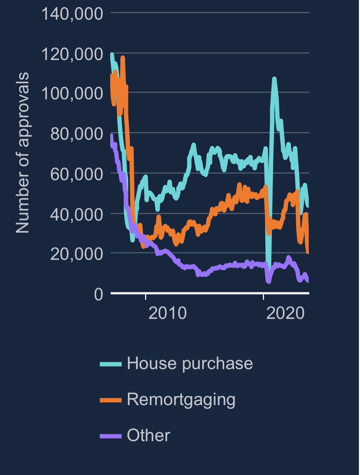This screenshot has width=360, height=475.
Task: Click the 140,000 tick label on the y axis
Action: (x=72, y=14)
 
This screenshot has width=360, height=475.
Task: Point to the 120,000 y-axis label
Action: (x=72, y=54)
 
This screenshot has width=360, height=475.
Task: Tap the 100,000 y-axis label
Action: (x=72, y=93)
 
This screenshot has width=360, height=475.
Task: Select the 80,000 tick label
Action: (x=76, y=134)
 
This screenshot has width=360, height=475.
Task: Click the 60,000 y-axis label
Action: (x=76, y=174)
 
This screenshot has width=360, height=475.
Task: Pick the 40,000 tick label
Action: (x=76, y=214)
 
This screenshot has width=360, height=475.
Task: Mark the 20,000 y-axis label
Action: (x=76, y=254)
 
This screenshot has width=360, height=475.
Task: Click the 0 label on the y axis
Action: (x=99, y=294)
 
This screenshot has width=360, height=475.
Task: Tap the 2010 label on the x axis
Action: (x=167, y=313)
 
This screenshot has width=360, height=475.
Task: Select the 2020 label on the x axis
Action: (x=285, y=313)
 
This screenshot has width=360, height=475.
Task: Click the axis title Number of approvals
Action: (x=23, y=153)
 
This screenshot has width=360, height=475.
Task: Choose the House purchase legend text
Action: (x=190, y=363)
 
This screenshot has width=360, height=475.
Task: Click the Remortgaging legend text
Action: (x=181, y=399)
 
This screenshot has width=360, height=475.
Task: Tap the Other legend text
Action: (x=148, y=435)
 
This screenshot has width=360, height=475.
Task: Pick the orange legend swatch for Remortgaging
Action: (x=111, y=400)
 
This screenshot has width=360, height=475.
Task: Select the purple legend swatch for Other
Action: (x=111, y=436)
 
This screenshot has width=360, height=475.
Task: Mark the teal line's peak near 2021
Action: (x=274, y=79)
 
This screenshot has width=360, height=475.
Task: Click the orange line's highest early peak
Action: (x=123, y=57)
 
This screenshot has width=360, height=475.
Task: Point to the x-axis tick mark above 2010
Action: (x=146, y=296)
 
